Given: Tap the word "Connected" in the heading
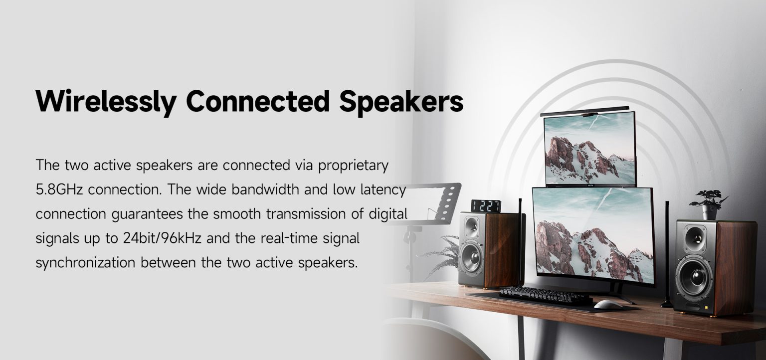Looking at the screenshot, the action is tap(258, 101).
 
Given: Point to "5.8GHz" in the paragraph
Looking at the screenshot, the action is tap(59, 189).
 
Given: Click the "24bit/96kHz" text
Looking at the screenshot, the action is tap(162, 238).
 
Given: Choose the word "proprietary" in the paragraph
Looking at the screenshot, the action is tap(353, 166).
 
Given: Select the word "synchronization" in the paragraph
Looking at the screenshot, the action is tap(85, 263).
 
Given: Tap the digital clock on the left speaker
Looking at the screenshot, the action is tap(486, 206).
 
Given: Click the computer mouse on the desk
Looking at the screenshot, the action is tap(608, 304).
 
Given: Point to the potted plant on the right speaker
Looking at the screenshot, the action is tap(709, 204).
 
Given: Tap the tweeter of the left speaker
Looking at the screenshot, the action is tap(472, 227).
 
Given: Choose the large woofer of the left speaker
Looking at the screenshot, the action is tap(472, 258).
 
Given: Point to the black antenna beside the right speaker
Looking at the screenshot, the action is tap(667, 254).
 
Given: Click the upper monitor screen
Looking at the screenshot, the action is tap(590, 149).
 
